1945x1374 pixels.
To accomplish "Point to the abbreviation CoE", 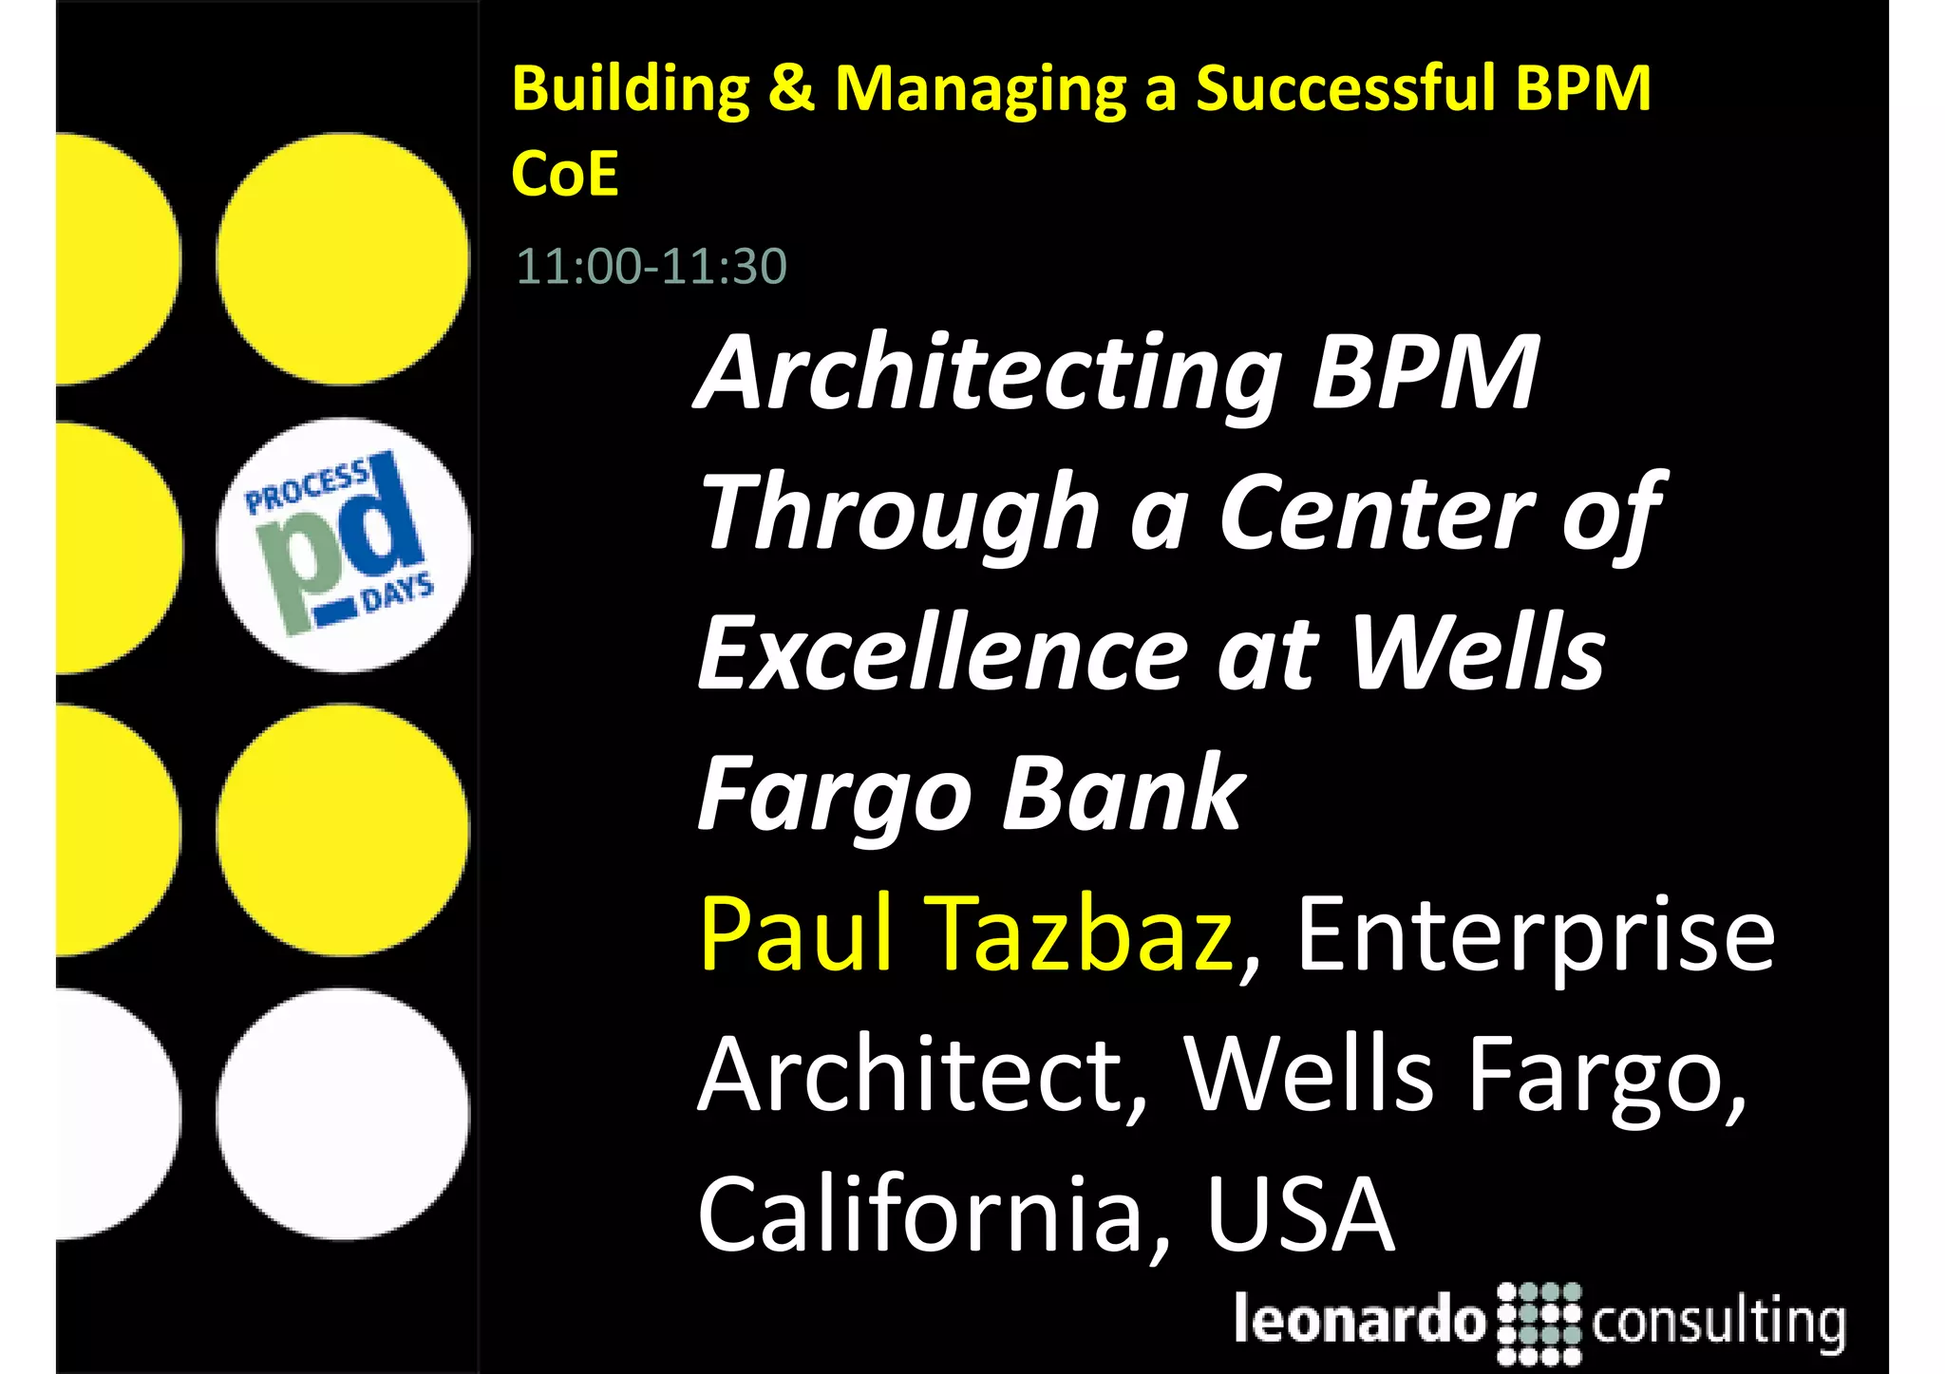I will [x=565, y=174].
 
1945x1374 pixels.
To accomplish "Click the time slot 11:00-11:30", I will [x=651, y=266].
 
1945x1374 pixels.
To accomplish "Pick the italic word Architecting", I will [x=989, y=375].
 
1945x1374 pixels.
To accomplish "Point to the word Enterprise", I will [x=1535, y=935].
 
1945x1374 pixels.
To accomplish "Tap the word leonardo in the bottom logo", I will [x=1359, y=1319].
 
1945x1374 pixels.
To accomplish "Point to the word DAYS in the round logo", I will [x=398, y=593].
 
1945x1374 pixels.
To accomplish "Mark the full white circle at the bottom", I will [x=343, y=1114].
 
